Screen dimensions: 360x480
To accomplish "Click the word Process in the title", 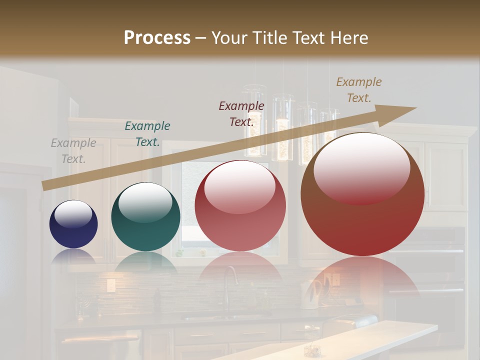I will coord(157,38).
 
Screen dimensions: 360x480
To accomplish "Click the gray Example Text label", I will coord(73,151).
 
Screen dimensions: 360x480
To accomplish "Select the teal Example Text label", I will coord(147,134).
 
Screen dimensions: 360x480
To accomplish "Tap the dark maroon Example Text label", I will coord(241,113).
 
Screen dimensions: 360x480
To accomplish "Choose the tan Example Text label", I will coord(359,89).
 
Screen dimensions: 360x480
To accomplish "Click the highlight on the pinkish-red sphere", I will coord(240,186).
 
